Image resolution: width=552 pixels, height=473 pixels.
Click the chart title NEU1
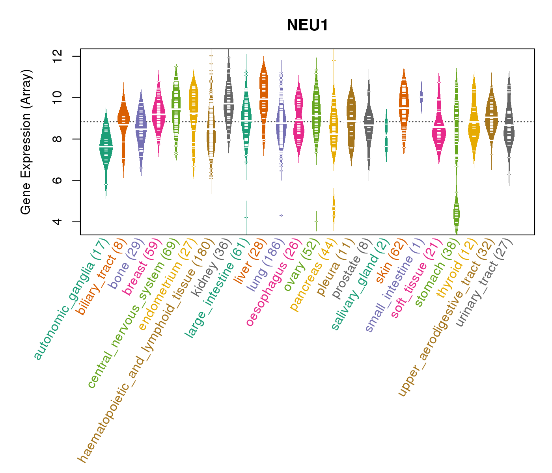coord(307,25)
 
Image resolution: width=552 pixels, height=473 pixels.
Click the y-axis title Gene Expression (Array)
coord(26,142)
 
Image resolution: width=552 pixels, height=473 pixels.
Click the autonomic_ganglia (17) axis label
coord(71,300)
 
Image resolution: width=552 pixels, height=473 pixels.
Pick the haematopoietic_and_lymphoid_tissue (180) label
coord(146,351)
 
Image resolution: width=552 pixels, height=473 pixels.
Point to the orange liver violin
coord(263,99)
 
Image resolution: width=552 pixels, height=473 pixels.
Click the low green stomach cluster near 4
coord(456,213)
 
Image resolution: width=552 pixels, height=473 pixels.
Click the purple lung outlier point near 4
coord(281,215)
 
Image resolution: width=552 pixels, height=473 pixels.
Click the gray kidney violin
coord(229,102)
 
